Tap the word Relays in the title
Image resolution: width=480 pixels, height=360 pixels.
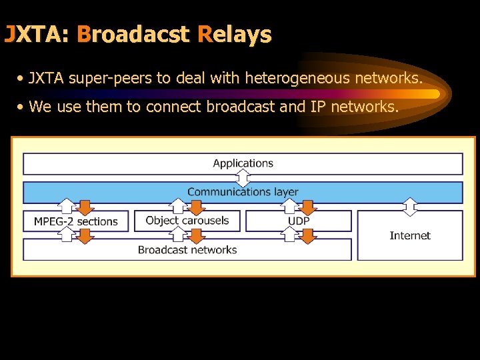click(235, 34)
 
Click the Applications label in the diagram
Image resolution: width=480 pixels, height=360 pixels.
click(243, 163)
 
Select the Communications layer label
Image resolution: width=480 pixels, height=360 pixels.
click(243, 192)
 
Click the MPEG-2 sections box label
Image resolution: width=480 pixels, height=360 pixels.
click(75, 221)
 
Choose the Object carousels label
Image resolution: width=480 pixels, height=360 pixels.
click(187, 221)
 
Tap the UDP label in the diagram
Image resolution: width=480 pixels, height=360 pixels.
click(298, 221)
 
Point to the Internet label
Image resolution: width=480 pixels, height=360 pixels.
click(409, 235)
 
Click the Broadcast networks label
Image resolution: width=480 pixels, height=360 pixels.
click(187, 250)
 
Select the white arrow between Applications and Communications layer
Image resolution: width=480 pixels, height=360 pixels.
click(243, 178)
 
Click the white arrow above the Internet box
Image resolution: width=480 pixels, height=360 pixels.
click(410, 207)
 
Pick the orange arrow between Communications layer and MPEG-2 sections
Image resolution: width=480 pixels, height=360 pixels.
click(85, 207)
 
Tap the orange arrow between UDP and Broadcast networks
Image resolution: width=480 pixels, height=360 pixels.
click(307, 235)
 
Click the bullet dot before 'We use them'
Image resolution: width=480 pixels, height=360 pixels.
click(22, 107)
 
